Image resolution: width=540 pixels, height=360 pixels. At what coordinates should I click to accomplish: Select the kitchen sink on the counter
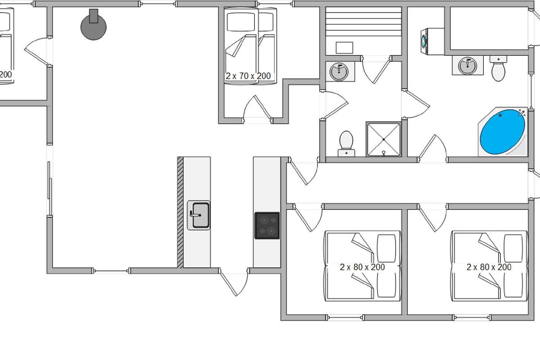199,215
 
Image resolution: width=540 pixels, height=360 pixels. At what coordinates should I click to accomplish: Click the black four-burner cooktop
267,225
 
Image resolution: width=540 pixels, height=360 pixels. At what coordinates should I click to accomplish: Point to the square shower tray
383,139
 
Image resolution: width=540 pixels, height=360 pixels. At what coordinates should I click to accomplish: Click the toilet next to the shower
346,143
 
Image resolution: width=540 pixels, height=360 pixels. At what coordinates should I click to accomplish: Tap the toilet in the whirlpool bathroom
498,69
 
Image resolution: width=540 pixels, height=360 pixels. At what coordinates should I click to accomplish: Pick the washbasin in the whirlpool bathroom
468,66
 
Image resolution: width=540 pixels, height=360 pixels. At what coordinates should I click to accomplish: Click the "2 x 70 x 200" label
248,76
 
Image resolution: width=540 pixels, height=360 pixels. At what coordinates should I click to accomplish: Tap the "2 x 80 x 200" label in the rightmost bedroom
489,267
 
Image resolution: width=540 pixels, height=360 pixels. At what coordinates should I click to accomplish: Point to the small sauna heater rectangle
344,47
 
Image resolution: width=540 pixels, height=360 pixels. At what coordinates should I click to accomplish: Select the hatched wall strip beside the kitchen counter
180,211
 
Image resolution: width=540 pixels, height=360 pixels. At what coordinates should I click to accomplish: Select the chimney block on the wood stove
94,16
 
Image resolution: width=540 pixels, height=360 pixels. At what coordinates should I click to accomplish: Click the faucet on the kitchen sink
194,215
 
